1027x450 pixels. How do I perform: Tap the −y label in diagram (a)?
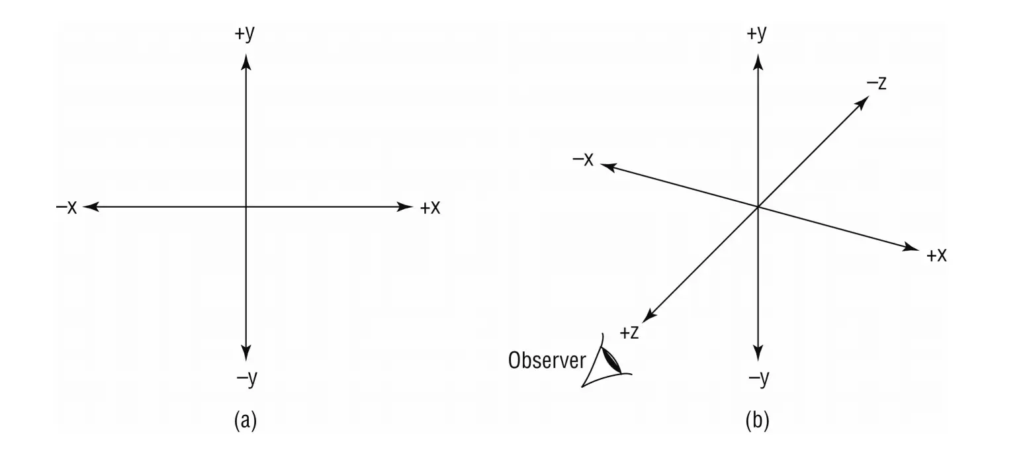[x=246, y=379]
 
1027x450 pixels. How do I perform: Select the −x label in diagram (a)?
[x=67, y=208]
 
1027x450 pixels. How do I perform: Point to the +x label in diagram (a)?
[x=430, y=208]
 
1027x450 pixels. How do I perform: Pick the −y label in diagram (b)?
[x=758, y=379]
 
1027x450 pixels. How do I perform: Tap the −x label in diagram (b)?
[x=582, y=159]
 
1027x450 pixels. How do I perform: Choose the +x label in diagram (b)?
[x=936, y=255]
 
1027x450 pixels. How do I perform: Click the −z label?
[x=876, y=83]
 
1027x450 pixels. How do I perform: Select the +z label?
[x=629, y=332]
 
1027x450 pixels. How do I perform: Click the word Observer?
[x=547, y=361]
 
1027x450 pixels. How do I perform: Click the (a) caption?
[x=246, y=421]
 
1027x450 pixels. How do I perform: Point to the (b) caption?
[x=758, y=421]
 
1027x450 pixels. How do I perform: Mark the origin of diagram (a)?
[x=246, y=207]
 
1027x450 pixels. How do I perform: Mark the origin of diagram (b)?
[x=758, y=207]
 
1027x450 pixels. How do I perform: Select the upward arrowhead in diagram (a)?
[x=246, y=63]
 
